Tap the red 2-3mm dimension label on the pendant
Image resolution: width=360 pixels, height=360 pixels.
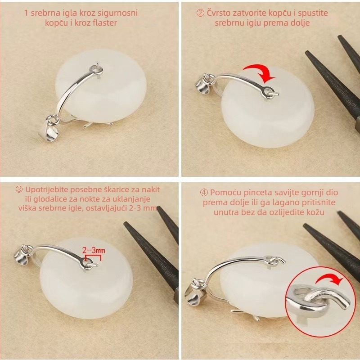(94, 250)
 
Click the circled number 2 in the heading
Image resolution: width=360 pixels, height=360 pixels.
(200, 13)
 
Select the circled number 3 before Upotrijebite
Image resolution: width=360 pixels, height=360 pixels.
(19, 189)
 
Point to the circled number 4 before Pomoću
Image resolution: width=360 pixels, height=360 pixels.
(204, 193)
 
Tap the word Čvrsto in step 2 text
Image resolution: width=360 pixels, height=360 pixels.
(218, 13)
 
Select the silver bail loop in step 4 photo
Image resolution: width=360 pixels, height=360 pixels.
(195, 292)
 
